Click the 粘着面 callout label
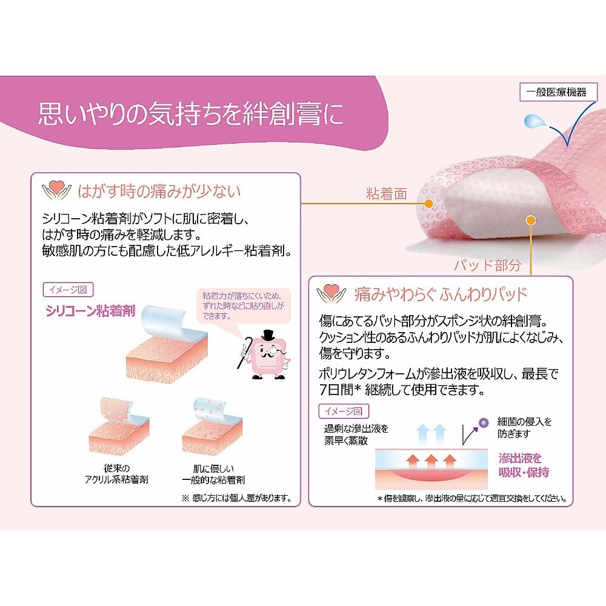pyautogui.click(x=386, y=195)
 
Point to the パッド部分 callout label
pyautogui.click(x=487, y=265)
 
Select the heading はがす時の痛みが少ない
pyautogui.click(x=160, y=191)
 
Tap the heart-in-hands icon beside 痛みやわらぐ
pyautogui.click(x=332, y=294)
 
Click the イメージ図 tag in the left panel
pyautogui.click(x=68, y=290)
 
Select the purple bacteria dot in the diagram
pyautogui.click(x=483, y=422)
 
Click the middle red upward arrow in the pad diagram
pyautogui.click(x=431, y=459)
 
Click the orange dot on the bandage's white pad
pyautogui.click(x=531, y=221)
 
